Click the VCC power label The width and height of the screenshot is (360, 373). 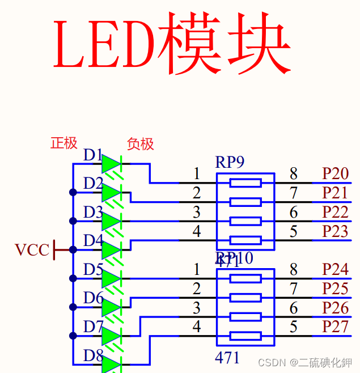coord(32,250)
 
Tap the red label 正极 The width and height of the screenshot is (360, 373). coord(64,143)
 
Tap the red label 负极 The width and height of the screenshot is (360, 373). coord(141,144)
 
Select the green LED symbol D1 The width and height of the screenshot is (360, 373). coord(111,164)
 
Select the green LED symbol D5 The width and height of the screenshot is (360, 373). coord(111,278)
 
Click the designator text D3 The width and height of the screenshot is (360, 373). coord(93,213)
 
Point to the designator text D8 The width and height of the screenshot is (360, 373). coord(93,356)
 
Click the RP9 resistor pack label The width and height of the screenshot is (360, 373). coord(230,163)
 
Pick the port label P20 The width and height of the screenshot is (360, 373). coord(336,173)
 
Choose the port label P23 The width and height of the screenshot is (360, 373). coord(336,231)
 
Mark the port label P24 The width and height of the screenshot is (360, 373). coord(336,269)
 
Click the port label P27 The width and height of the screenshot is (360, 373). coord(336,327)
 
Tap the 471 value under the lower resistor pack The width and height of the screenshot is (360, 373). coord(227,358)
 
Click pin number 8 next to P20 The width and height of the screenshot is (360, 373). coord(294,173)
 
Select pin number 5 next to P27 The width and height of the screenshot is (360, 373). coord(294,327)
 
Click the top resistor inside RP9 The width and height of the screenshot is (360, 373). coord(245,183)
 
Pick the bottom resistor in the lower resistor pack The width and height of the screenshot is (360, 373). coord(245,336)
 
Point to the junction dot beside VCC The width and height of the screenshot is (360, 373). coord(73,249)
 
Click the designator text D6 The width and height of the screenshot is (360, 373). coord(93,298)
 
